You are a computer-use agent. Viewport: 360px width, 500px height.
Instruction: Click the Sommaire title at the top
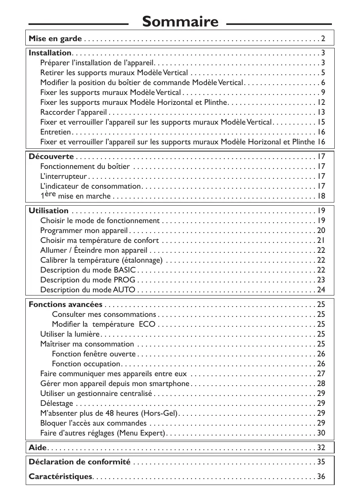coord(180,21)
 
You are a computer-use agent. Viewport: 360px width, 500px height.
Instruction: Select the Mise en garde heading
coord(55,39)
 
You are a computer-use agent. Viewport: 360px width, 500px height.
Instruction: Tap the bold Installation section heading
coord(50,53)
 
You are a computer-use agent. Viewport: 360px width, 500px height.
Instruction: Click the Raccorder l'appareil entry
coord(74,112)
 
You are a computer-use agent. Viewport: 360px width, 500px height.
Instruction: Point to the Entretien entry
coord(56,132)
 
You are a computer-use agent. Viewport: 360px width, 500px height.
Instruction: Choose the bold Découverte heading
coord(51,157)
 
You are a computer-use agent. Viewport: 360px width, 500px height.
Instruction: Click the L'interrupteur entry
coord(64,176)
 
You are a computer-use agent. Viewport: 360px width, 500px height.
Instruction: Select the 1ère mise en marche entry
coord(76,196)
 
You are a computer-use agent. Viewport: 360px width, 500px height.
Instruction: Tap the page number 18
coord(321,196)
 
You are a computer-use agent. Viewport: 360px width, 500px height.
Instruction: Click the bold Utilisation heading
coord(49,211)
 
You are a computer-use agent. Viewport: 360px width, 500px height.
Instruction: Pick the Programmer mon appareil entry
coord(84,231)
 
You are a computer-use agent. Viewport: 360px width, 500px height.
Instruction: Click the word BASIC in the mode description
coord(125,270)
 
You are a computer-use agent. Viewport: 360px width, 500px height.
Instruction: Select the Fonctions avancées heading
coord(66,305)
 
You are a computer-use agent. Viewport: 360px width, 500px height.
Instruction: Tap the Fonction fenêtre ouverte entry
coord(94,354)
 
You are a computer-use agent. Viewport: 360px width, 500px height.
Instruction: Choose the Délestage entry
coord(57,403)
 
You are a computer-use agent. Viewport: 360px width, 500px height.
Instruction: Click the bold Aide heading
coord(38,448)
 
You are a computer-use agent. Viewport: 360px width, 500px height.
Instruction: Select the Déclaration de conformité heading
coord(80,462)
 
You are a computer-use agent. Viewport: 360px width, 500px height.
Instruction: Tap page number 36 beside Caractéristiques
coord(321,477)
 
